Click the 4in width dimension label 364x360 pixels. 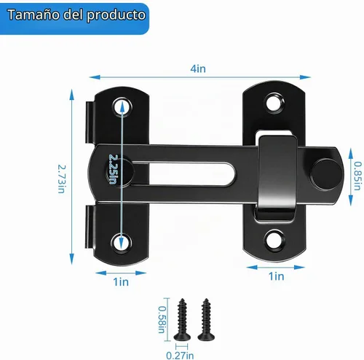point(198,69)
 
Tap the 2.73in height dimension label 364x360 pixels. point(61,179)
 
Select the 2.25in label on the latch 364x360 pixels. point(113,169)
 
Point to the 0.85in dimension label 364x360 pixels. point(357,176)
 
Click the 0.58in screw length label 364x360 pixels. point(162,319)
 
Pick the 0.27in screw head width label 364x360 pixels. point(180,356)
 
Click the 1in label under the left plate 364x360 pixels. point(121,282)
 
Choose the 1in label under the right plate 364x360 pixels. point(276,276)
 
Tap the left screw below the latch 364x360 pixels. point(182,319)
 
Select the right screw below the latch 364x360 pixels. point(206,319)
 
